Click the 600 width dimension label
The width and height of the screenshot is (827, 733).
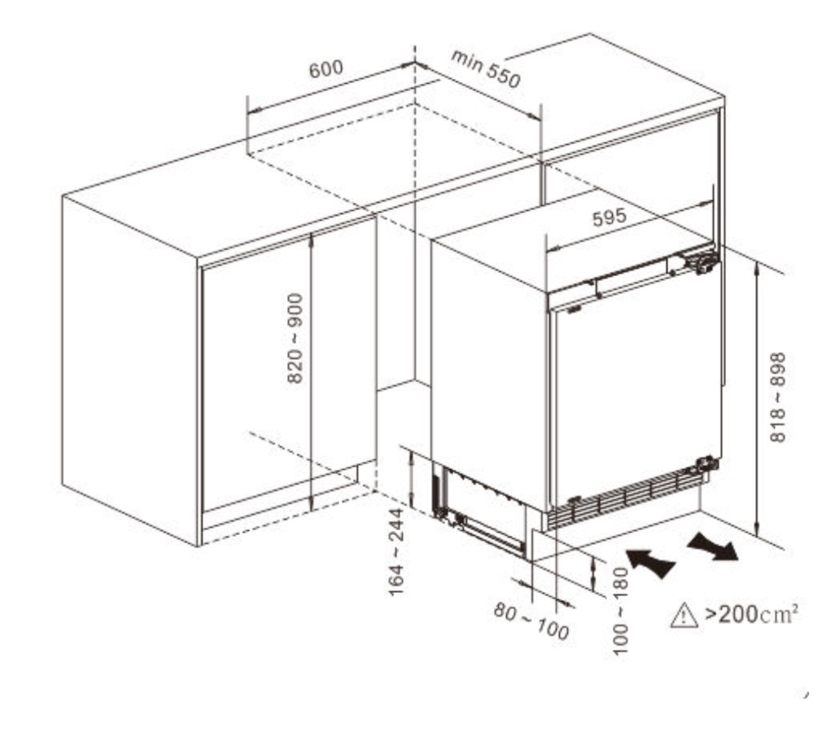tap(326, 68)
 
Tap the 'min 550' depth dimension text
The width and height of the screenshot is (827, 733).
tap(486, 68)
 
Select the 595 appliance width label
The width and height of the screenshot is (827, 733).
tap(609, 217)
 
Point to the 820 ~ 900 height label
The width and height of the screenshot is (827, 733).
tap(295, 338)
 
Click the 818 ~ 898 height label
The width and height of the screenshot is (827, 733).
tap(778, 397)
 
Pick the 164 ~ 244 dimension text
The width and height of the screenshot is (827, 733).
tap(396, 551)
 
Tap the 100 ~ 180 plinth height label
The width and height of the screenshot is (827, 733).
tap(621, 611)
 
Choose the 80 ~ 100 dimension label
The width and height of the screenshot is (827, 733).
tap(532, 621)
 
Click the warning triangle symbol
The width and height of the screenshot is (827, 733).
tap(684, 616)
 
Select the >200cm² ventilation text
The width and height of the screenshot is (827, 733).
tap(751, 614)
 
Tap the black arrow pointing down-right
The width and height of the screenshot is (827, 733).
tap(712, 546)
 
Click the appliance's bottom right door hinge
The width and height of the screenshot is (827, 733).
tap(706, 465)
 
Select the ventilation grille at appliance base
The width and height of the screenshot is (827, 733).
tap(625, 499)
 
